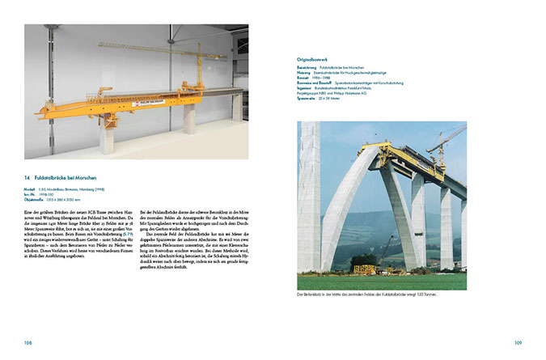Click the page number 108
pyautogui.click(x=28, y=342)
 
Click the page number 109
pyautogui.click(x=518, y=342)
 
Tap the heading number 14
pyautogui.click(x=27, y=176)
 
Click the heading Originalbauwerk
pyautogui.click(x=317, y=59)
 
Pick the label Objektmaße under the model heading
pyautogui.click(x=36, y=197)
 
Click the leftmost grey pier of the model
pyautogui.click(x=106, y=136)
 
